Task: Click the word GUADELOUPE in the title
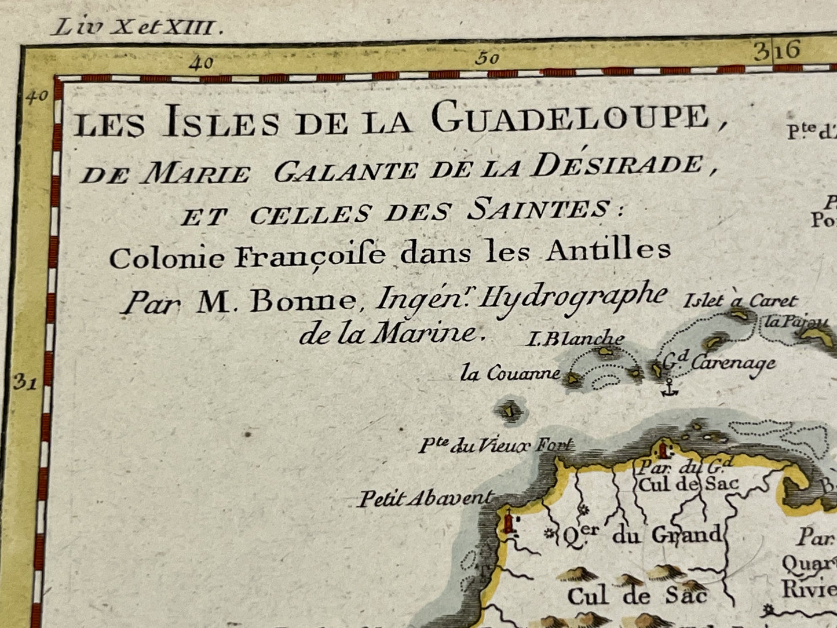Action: [x=571, y=119]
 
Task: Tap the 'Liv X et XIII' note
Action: [x=131, y=27]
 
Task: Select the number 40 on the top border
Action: [x=204, y=63]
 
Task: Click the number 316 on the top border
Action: [x=776, y=51]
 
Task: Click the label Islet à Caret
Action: [x=740, y=301]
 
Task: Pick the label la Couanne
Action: [x=510, y=374]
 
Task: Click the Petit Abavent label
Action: [x=425, y=498]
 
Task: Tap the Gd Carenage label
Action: [x=718, y=363]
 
